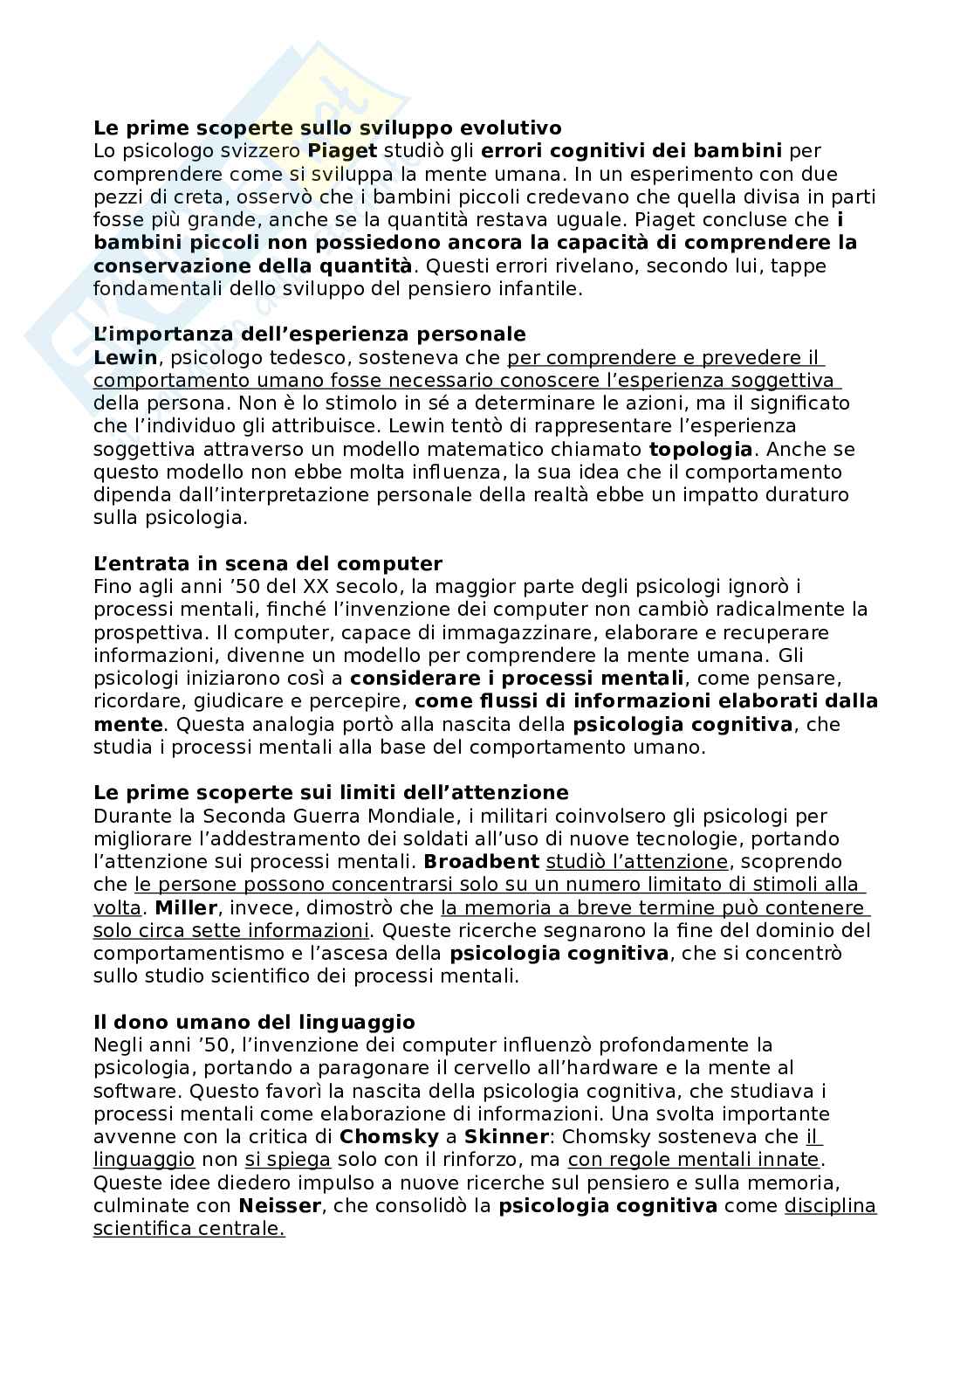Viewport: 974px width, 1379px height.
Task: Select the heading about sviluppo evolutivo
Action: tap(327, 128)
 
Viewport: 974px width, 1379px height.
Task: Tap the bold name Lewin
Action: tap(125, 357)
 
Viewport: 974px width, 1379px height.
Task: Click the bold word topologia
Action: tap(700, 449)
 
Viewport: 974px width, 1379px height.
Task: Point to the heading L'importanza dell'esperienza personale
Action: tap(309, 334)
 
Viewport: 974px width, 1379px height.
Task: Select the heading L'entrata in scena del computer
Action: tap(267, 563)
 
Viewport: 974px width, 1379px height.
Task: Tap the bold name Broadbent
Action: tap(481, 862)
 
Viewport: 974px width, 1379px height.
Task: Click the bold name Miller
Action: tap(185, 907)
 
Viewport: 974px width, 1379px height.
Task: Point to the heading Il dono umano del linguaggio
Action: tap(254, 1022)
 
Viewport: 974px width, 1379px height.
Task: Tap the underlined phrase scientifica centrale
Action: tap(189, 1229)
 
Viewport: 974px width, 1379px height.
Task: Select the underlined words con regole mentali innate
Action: tap(695, 1160)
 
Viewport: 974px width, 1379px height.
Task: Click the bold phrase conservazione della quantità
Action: tap(252, 265)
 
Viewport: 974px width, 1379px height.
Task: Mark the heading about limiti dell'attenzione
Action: tap(331, 792)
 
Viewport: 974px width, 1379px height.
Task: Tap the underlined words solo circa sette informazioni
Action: tap(230, 930)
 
